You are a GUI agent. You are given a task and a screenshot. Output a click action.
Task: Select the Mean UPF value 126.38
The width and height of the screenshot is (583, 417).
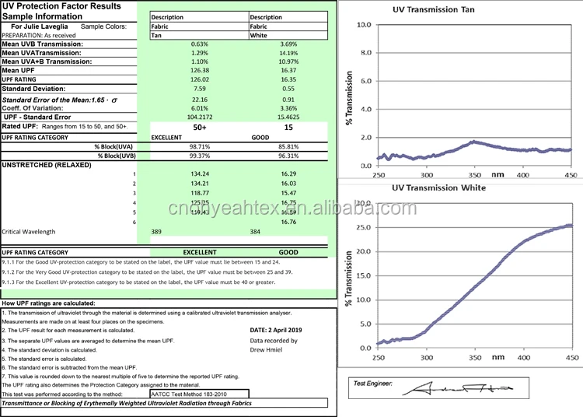click(x=200, y=71)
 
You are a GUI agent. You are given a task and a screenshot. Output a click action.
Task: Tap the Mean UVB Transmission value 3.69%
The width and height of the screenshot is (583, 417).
click(x=289, y=44)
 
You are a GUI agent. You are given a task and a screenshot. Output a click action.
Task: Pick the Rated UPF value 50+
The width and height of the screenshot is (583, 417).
click(x=200, y=127)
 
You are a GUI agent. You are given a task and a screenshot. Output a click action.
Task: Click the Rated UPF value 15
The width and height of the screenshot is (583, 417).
click(x=289, y=127)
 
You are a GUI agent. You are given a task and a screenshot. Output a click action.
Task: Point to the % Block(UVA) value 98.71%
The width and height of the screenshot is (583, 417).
click(x=200, y=145)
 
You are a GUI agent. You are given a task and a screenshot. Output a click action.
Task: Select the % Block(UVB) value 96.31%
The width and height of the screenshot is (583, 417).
click(x=289, y=156)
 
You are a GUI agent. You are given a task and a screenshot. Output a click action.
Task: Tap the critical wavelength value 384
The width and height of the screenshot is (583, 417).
click(x=255, y=232)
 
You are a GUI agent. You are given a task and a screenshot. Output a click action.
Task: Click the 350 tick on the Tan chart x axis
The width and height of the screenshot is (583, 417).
click(x=474, y=176)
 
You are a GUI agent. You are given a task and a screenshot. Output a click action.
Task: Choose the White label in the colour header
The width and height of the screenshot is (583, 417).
click(x=259, y=35)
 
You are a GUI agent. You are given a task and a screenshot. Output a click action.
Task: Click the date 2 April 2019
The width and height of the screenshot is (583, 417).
click(x=281, y=331)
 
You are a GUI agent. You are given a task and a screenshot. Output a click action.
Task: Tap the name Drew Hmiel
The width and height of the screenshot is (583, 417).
click(x=267, y=349)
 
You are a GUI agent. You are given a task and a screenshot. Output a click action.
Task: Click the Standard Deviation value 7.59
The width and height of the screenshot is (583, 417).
click(x=200, y=89)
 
